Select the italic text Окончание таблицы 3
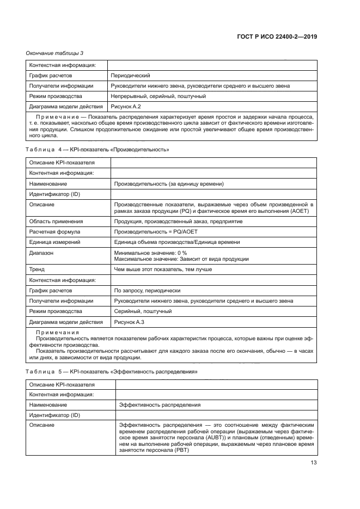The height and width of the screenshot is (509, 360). point(55,53)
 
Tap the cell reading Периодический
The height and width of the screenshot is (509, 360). point(130,76)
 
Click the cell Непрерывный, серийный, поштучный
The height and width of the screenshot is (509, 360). point(158,96)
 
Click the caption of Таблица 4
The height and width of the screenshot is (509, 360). point(97,149)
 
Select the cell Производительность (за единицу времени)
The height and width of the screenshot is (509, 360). point(169,184)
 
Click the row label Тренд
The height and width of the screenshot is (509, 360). point(38,269)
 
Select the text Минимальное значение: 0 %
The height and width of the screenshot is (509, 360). point(150,253)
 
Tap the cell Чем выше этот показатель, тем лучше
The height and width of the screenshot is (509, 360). point(163,269)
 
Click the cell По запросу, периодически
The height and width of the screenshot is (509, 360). point(147,291)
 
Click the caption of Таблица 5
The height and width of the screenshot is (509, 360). point(112,371)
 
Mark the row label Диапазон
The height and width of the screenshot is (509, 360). point(42,253)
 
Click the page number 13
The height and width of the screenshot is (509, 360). point(313,463)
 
